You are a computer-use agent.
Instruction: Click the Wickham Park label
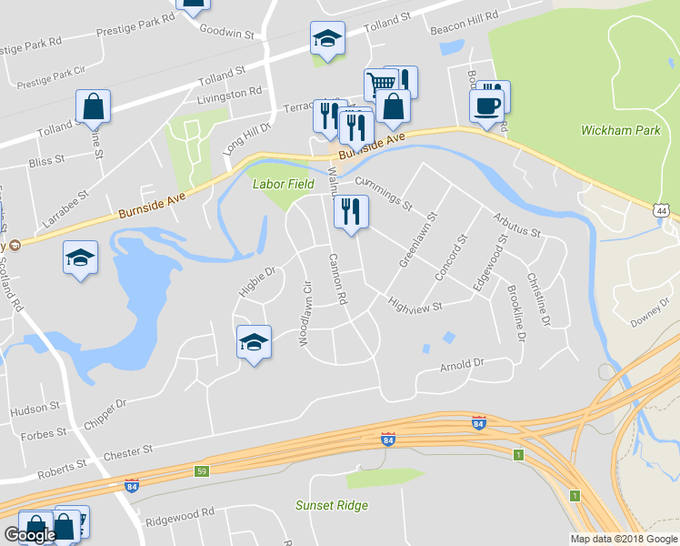(x=621, y=131)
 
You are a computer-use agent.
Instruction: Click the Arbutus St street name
(x=516, y=227)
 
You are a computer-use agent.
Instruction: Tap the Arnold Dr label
(x=462, y=365)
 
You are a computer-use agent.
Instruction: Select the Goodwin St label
(x=227, y=33)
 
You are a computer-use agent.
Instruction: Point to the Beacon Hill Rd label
(x=466, y=16)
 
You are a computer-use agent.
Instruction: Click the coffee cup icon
(x=485, y=106)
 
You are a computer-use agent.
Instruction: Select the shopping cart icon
(x=381, y=84)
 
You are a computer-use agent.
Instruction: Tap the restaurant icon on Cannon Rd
(x=350, y=211)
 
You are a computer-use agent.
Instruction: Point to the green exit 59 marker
(x=201, y=471)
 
